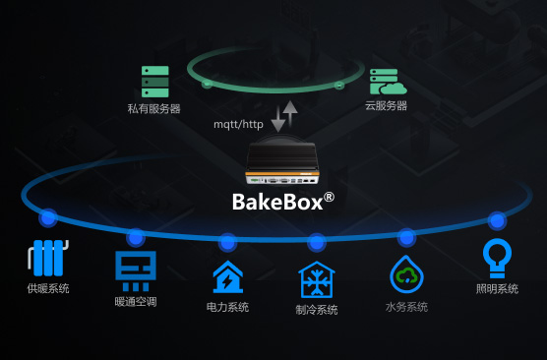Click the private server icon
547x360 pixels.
pyautogui.click(x=154, y=82)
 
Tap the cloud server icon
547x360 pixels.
pyautogui.click(x=388, y=82)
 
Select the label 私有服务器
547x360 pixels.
pyautogui.click(x=153, y=109)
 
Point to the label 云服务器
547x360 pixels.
pyautogui.click(x=387, y=105)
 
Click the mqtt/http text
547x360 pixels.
pyautogui.click(x=238, y=124)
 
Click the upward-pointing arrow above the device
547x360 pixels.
pyautogui.click(x=290, y=113)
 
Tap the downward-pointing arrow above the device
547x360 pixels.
pyautogui.click(x=278, y=119)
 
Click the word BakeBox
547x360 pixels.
pyautogui.click(x=277, y=202)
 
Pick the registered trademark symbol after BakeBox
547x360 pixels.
pyautogui.click(x=329, y=197)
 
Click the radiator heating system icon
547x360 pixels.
pyautogui.click(x=48, y=258)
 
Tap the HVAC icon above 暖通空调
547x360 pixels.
pyautogui.click(x=136, y=271)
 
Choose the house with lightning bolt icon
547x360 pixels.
pyautogui.click(x=228, y=277)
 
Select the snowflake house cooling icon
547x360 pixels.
pyautogui.click(x=317, y=279)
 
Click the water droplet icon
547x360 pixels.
pyautogui.click(x=406, y=274)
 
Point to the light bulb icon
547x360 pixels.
pyautogui.click(x=497, y=258)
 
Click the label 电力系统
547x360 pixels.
pyautogui.click(x=227, y=307)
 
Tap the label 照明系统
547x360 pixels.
pyautogui.click(x=497, y=289)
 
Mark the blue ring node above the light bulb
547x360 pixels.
pyautogui.click(x=497, y=220)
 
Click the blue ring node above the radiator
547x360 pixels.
pyautogui.click(x=48, y=218)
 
